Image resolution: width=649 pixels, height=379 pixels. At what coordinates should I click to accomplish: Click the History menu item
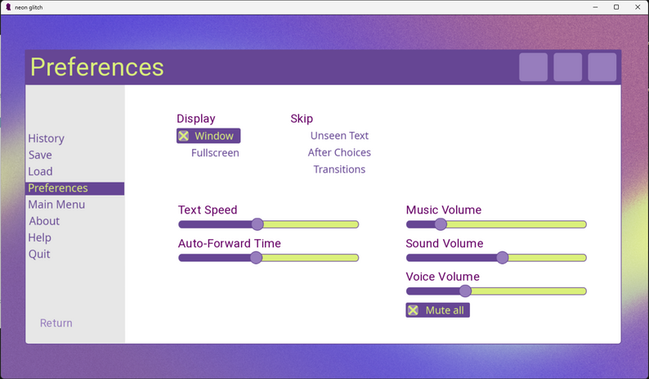[x=46, y=138]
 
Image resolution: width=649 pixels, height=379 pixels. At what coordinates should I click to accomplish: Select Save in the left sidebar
[x=40, y=155]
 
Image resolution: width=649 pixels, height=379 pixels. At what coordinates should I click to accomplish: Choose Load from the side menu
[x=40, y=171]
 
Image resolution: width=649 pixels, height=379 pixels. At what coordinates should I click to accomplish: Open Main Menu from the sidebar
[x=56, y=205]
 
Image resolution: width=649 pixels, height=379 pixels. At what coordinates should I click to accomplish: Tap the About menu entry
[x=44, y=221]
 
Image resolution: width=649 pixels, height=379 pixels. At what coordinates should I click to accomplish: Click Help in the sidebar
[x=40, y=237]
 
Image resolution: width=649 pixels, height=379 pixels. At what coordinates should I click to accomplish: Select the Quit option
[x=39, y=254]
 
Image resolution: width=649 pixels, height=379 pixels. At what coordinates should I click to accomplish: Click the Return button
[x=56, y=323]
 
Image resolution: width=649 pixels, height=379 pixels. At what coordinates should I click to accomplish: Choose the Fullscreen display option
[x=215, y=153]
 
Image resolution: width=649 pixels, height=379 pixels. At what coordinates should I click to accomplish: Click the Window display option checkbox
[x=184, y=136]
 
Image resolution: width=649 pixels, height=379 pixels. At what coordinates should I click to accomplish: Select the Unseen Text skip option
[x=339, y=136]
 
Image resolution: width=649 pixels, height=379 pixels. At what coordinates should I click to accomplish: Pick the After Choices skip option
[x=339, y=152]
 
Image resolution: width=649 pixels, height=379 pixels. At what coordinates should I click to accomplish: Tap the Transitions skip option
[x=339, y=169]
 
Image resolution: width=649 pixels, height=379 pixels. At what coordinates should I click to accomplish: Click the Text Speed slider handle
[x=257, y=224]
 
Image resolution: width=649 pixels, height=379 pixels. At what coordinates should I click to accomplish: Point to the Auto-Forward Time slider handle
[x=256, y=258]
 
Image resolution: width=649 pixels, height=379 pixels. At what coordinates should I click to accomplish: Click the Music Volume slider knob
[x=441, y=224]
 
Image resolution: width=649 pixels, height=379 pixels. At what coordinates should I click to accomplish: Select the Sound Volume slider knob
[x=503, y=258]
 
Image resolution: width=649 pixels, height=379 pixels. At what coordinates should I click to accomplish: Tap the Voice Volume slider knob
[x=465, y=291]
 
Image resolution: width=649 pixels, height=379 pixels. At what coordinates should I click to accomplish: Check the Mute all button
[x=437, y=310]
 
